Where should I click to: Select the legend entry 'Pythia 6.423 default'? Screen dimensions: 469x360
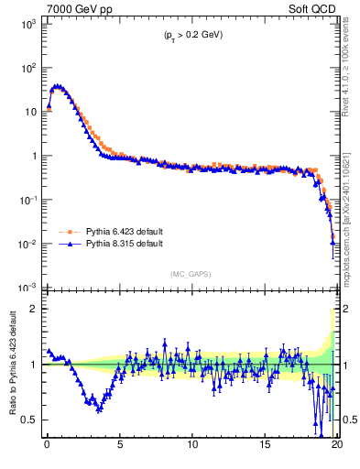pos(122,233)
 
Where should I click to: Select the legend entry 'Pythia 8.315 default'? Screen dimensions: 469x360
pos(122,245)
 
